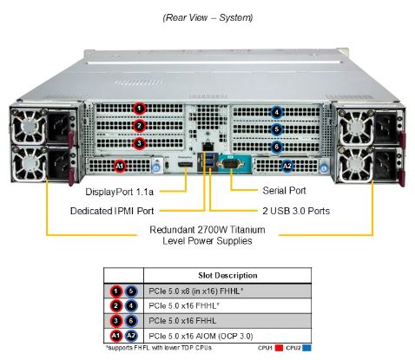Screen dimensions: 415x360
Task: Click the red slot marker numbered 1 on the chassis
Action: pos(140,108)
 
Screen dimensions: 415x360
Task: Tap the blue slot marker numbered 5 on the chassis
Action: pos(277,129)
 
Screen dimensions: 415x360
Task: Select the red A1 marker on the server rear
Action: pos(120,167)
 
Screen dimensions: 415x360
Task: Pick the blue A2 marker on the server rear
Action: pos(287,167)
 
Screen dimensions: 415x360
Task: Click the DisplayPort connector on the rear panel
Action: pos(185,165)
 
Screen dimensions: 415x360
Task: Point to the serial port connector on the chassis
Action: pos(231,164)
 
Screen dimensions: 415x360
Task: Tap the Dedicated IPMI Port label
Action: pos(112,211)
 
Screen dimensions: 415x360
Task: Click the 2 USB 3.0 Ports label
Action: pos(296,211)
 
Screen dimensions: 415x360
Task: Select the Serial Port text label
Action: pos(284,191)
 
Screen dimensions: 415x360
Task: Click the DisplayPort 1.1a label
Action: pos(120,192)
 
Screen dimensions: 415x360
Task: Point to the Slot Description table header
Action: pos(227,275)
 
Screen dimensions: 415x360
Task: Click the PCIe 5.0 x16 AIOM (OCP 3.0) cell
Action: pos(201,336)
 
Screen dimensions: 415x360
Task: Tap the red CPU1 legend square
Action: pos(279,348)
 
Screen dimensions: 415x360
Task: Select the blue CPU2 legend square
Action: pos(306,348)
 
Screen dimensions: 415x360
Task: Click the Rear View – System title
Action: pos(207,17)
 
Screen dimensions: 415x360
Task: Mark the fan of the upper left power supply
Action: pos(30,126)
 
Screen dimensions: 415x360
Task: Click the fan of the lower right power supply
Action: pos(355,164)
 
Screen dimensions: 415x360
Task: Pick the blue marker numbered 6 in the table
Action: pos(131,321)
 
